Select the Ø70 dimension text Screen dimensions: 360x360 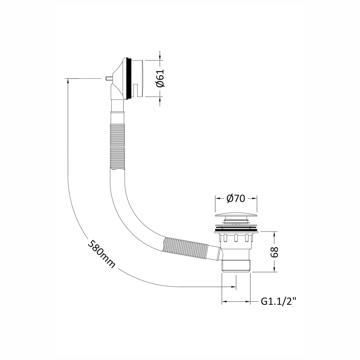(x=235, y=198)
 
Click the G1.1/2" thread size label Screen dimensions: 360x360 (x=279, y=301)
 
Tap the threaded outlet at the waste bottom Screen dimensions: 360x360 (x=236, y=265)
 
